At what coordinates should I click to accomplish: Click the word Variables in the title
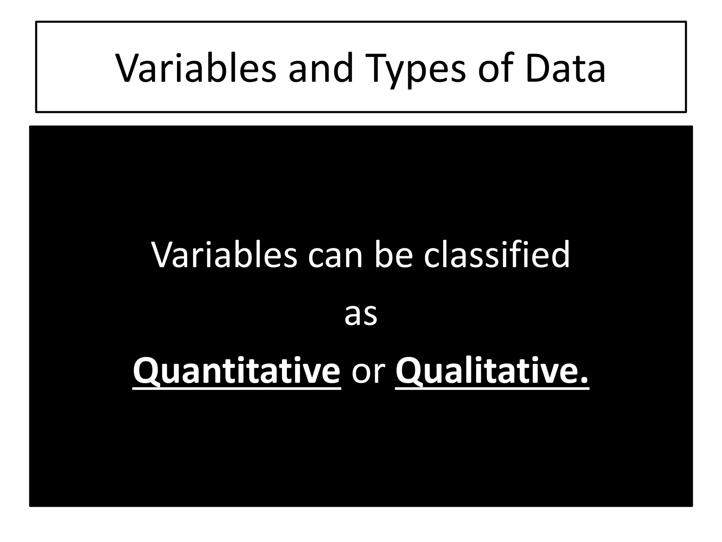196,68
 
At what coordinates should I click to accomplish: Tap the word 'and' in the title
320,68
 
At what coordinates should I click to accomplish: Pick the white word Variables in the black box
224,255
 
